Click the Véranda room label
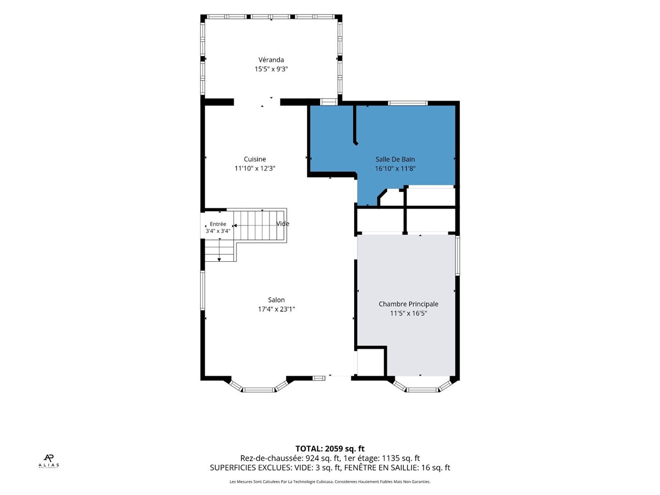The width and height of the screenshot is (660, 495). point(271,60)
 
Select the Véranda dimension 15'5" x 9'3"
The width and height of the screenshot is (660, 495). point(271,69)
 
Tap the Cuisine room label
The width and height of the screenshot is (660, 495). point(255,159)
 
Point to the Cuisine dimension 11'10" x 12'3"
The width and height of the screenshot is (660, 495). point(255,168)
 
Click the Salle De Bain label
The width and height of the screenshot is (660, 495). point(395,159)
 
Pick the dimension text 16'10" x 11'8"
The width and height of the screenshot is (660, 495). point(395,169)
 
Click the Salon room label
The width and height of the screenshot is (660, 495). point(276,300)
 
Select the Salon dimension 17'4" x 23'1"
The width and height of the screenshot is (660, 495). point(276,309)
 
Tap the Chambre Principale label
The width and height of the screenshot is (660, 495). point(408,304)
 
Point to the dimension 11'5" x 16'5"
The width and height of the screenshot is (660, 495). point(408,313)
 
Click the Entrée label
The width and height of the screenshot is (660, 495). point(218,224)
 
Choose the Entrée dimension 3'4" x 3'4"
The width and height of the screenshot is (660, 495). point(218,231)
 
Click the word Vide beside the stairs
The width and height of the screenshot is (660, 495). point(283,224)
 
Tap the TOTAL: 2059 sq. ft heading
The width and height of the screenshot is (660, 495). point(330,449)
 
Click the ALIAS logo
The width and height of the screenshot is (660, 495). point(49,461)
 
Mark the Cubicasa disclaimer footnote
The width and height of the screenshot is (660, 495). point(330,482)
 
